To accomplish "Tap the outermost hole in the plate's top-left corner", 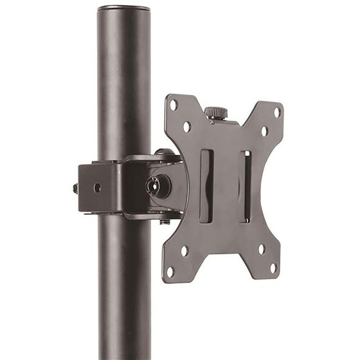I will (174, 105).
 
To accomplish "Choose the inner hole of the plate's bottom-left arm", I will (185, 250).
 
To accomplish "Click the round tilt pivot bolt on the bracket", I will (153, 186).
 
